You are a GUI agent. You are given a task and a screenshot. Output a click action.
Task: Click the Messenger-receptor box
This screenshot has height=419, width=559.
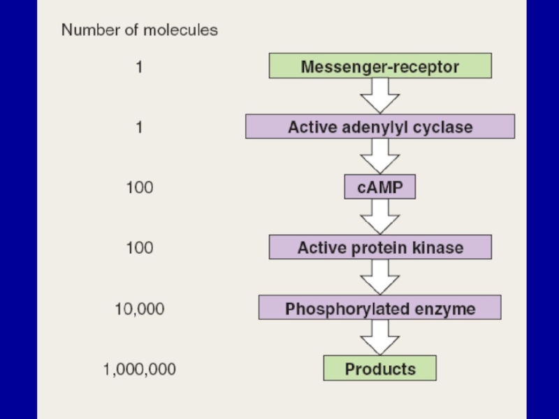[380, 67]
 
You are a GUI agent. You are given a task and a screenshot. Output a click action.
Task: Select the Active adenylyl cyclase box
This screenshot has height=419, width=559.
[380, 127]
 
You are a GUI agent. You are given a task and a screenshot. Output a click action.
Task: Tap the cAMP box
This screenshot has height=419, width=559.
[380, 187]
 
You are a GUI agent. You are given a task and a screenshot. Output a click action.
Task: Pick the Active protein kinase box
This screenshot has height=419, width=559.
[380, 247]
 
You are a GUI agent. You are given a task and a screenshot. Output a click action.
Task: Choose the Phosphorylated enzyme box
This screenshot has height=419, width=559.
[380, 308]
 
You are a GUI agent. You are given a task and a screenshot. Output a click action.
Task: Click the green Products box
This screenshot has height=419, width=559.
[380, 368]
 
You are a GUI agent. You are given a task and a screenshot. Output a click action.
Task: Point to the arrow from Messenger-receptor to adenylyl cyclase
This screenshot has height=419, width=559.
[380, 96]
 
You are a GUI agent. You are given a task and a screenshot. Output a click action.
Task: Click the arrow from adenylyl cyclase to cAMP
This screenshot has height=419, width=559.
[380, 156]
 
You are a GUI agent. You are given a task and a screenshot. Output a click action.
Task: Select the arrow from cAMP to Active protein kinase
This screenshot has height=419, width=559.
[380, 216]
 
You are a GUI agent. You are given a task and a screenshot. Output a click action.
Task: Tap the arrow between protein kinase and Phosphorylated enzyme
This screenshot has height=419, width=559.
[380, 277]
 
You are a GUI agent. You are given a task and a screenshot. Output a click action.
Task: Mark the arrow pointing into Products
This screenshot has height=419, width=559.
[380, 338]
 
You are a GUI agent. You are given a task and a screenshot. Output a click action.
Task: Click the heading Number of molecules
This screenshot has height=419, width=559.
[140, 30]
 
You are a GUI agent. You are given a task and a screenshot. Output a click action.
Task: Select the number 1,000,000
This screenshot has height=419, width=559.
[140, 369]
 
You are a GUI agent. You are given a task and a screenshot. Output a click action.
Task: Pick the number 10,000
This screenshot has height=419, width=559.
[140, 308]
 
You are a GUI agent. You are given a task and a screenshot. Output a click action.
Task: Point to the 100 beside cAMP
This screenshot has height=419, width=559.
[140, 187]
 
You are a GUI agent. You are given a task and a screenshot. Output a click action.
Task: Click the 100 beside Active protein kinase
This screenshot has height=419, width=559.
[140, 247]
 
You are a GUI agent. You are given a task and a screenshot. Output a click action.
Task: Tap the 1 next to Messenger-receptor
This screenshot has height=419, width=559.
[140, 68]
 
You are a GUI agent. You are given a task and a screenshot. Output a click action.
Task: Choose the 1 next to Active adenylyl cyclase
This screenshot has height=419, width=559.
[140, 127]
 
